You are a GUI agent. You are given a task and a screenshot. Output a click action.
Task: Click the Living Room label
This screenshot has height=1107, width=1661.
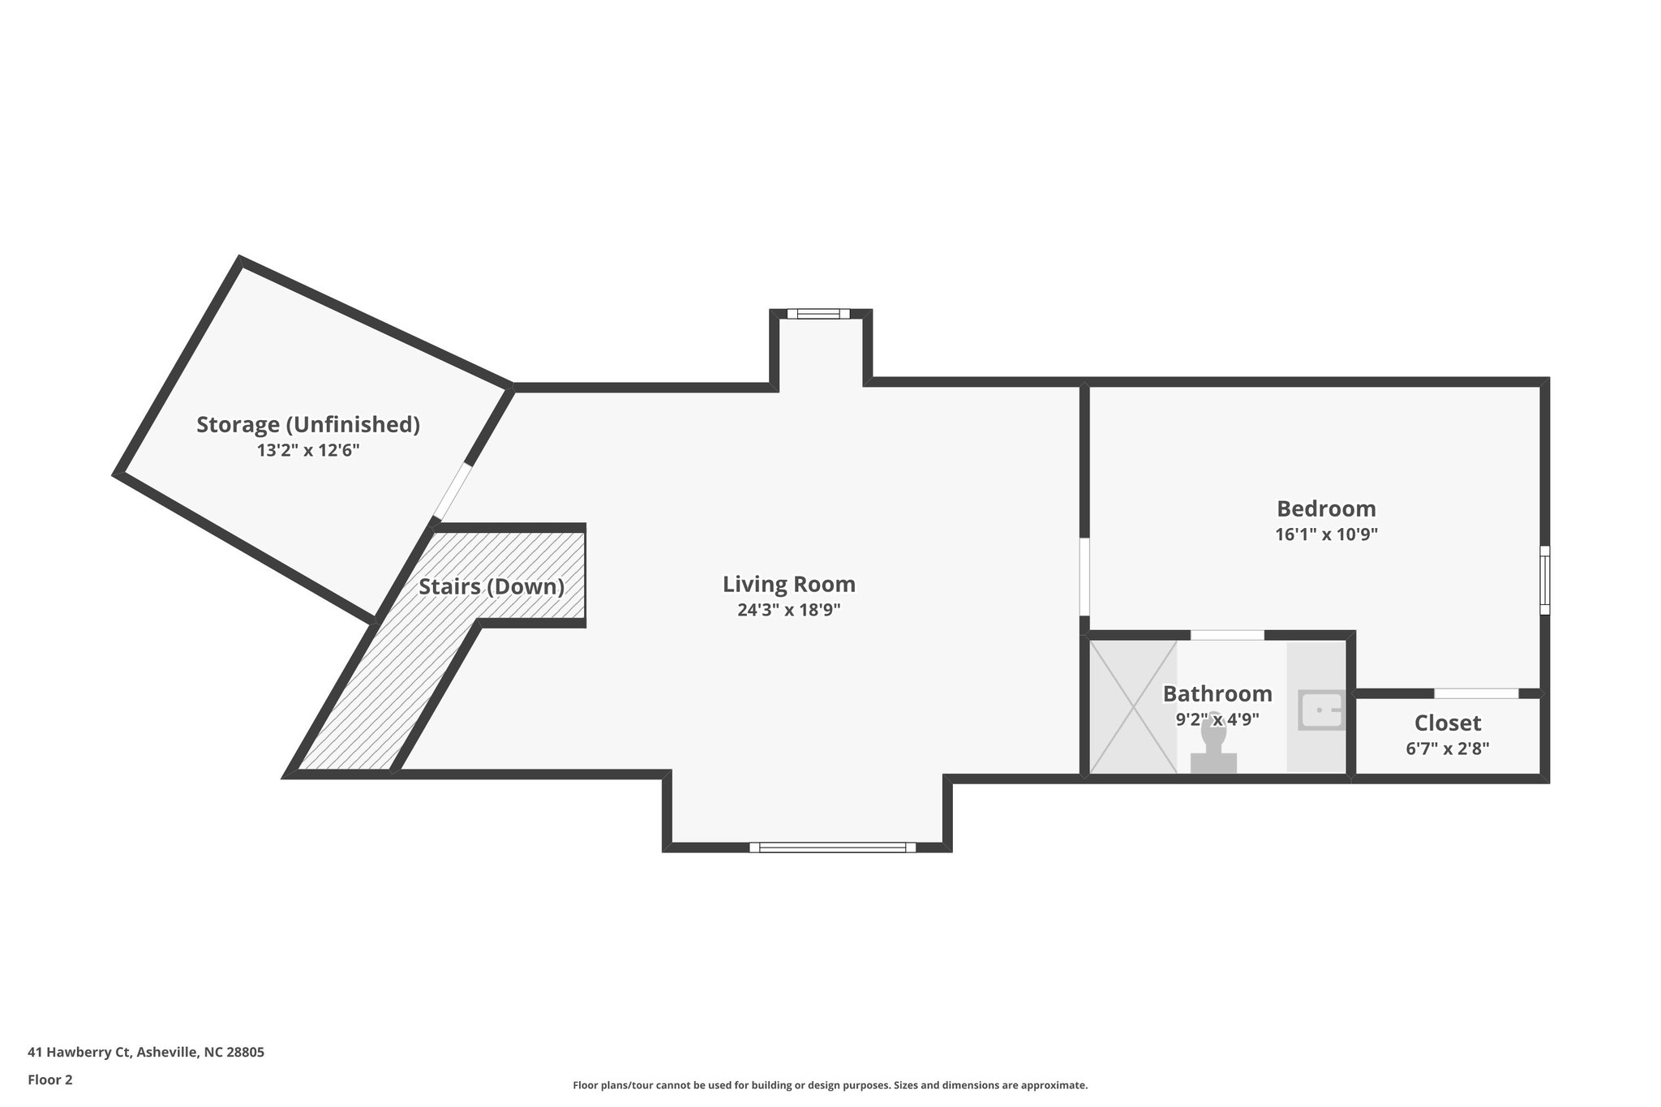[788, 584]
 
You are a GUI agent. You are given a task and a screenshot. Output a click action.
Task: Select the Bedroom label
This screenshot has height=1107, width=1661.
[1326, 508]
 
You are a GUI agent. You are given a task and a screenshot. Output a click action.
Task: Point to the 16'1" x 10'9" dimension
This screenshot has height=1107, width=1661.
[1326, 534]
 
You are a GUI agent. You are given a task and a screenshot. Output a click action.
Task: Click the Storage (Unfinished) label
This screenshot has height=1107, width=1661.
[308, 424]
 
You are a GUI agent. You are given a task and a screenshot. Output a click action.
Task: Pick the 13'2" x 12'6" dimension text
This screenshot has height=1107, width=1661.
[308, 451]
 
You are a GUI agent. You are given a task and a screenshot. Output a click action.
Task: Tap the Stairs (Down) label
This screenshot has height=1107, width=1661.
[491, 586]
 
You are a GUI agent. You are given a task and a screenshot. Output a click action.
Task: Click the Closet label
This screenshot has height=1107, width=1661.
[1448, 723]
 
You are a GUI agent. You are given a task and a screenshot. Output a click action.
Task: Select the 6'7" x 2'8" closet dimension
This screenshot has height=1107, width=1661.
[1448, 749]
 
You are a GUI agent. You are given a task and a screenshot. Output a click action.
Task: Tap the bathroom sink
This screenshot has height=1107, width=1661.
[1320, 710]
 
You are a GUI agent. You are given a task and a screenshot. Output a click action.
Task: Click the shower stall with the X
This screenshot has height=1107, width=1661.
[1132, 707]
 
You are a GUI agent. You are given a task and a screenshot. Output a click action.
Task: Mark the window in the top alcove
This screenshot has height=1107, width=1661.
[818, 314]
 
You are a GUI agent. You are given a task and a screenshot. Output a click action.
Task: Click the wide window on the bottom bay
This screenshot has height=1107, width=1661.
[832, 847]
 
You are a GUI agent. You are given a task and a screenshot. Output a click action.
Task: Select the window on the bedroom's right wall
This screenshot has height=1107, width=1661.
[1545, 581]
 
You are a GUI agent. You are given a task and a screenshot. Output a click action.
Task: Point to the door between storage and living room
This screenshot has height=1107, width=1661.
[453, 491]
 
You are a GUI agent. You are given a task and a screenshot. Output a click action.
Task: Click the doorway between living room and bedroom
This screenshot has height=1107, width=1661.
[1084, 577]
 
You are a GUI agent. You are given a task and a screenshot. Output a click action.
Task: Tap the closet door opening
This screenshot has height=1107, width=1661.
[1476, 693]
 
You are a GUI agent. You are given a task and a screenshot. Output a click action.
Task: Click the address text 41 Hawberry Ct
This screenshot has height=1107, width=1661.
[146, 1053]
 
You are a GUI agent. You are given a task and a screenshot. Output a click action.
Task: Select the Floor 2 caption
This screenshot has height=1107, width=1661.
[50, 1079]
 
